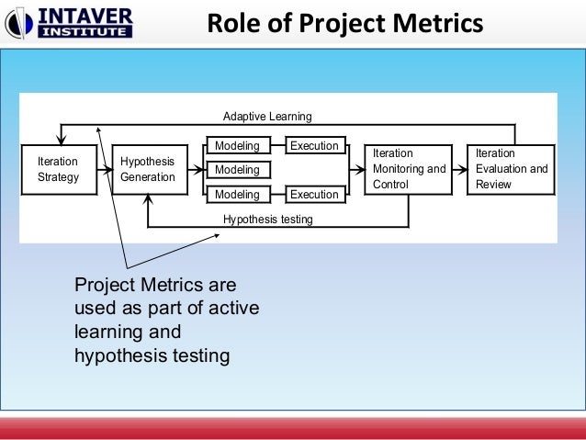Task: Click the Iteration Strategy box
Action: coord(58,169)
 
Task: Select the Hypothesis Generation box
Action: coord(147,169)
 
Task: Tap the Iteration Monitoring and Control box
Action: coord(408,169)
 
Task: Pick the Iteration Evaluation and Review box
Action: coord(512,169)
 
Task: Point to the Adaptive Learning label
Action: coord(267,117)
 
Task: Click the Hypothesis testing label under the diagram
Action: coord(267,220)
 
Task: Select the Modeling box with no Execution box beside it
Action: coord(237,170)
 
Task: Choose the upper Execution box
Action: coord(314,146)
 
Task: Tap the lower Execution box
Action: coord(314,195)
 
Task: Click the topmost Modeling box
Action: coord(237,146)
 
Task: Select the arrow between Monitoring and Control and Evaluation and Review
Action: coord(459,170)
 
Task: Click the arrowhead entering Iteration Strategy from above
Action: coord(61,139)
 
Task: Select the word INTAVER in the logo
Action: coord(86,15)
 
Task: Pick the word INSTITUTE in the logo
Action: coord(86,32)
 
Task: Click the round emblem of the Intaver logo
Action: coord(22,23)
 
